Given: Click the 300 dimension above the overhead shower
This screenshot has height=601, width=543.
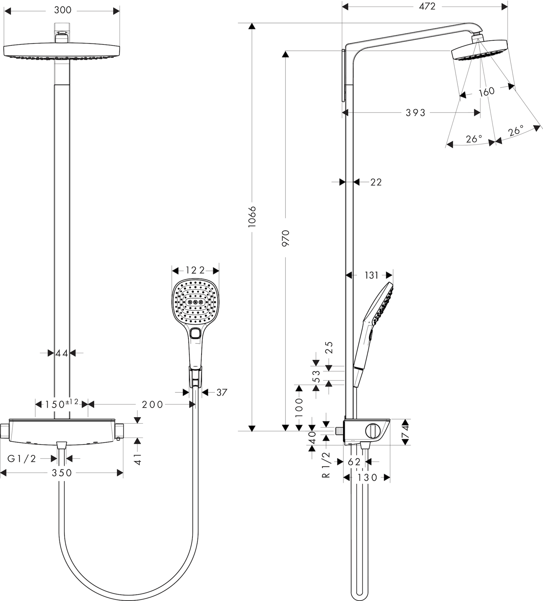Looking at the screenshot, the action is (62, 10).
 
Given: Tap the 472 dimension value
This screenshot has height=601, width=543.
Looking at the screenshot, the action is (427, 6).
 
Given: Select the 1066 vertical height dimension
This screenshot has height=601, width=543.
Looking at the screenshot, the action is (252, 216).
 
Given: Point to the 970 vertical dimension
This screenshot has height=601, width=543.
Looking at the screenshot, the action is (286, 238).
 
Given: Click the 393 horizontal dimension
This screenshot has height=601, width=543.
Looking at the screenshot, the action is (415, 113).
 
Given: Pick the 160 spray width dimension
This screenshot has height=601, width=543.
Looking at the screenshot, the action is (487, 91).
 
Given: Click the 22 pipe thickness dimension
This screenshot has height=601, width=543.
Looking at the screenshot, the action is (376, 182).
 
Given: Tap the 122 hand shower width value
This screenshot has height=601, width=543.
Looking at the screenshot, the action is (195, 270).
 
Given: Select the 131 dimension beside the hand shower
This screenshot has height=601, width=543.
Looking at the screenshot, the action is (372, 275).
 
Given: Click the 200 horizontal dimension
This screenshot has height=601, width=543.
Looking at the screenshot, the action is (153, 405).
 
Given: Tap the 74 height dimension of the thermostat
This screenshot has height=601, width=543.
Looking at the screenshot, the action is (405, 432).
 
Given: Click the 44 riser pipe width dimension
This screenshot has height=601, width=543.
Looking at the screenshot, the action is (62, 353).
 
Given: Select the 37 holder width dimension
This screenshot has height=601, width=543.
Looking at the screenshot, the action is (222, 393).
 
